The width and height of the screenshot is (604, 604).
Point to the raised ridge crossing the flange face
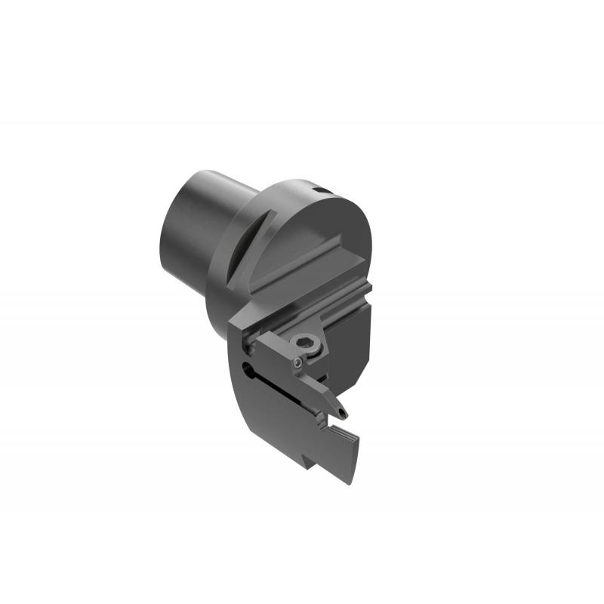tap(302, 260)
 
